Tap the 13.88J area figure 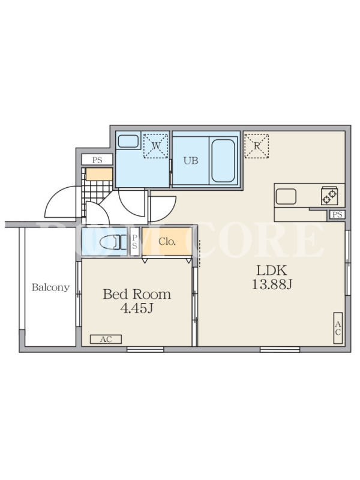pos(272,284)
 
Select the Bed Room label pos(137,294)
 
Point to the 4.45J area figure pos(137,308)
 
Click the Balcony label pos(51,287)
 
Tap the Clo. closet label pos(167,242)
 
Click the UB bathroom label pos(191,160)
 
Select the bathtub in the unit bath pos(223,161)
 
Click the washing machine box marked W pos(156,145)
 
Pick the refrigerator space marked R pos(257,146)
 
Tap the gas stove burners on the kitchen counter pos(329,196)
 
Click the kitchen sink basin pos(286,196)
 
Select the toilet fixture pos(112,242)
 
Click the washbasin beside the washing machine pos(128,142)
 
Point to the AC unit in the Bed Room pos(106,339)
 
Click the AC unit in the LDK pos(338,328)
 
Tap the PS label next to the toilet pos(134,242)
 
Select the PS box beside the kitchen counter pos(337,215)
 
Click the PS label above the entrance pos(97,160)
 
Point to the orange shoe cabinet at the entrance pos(99,174)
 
